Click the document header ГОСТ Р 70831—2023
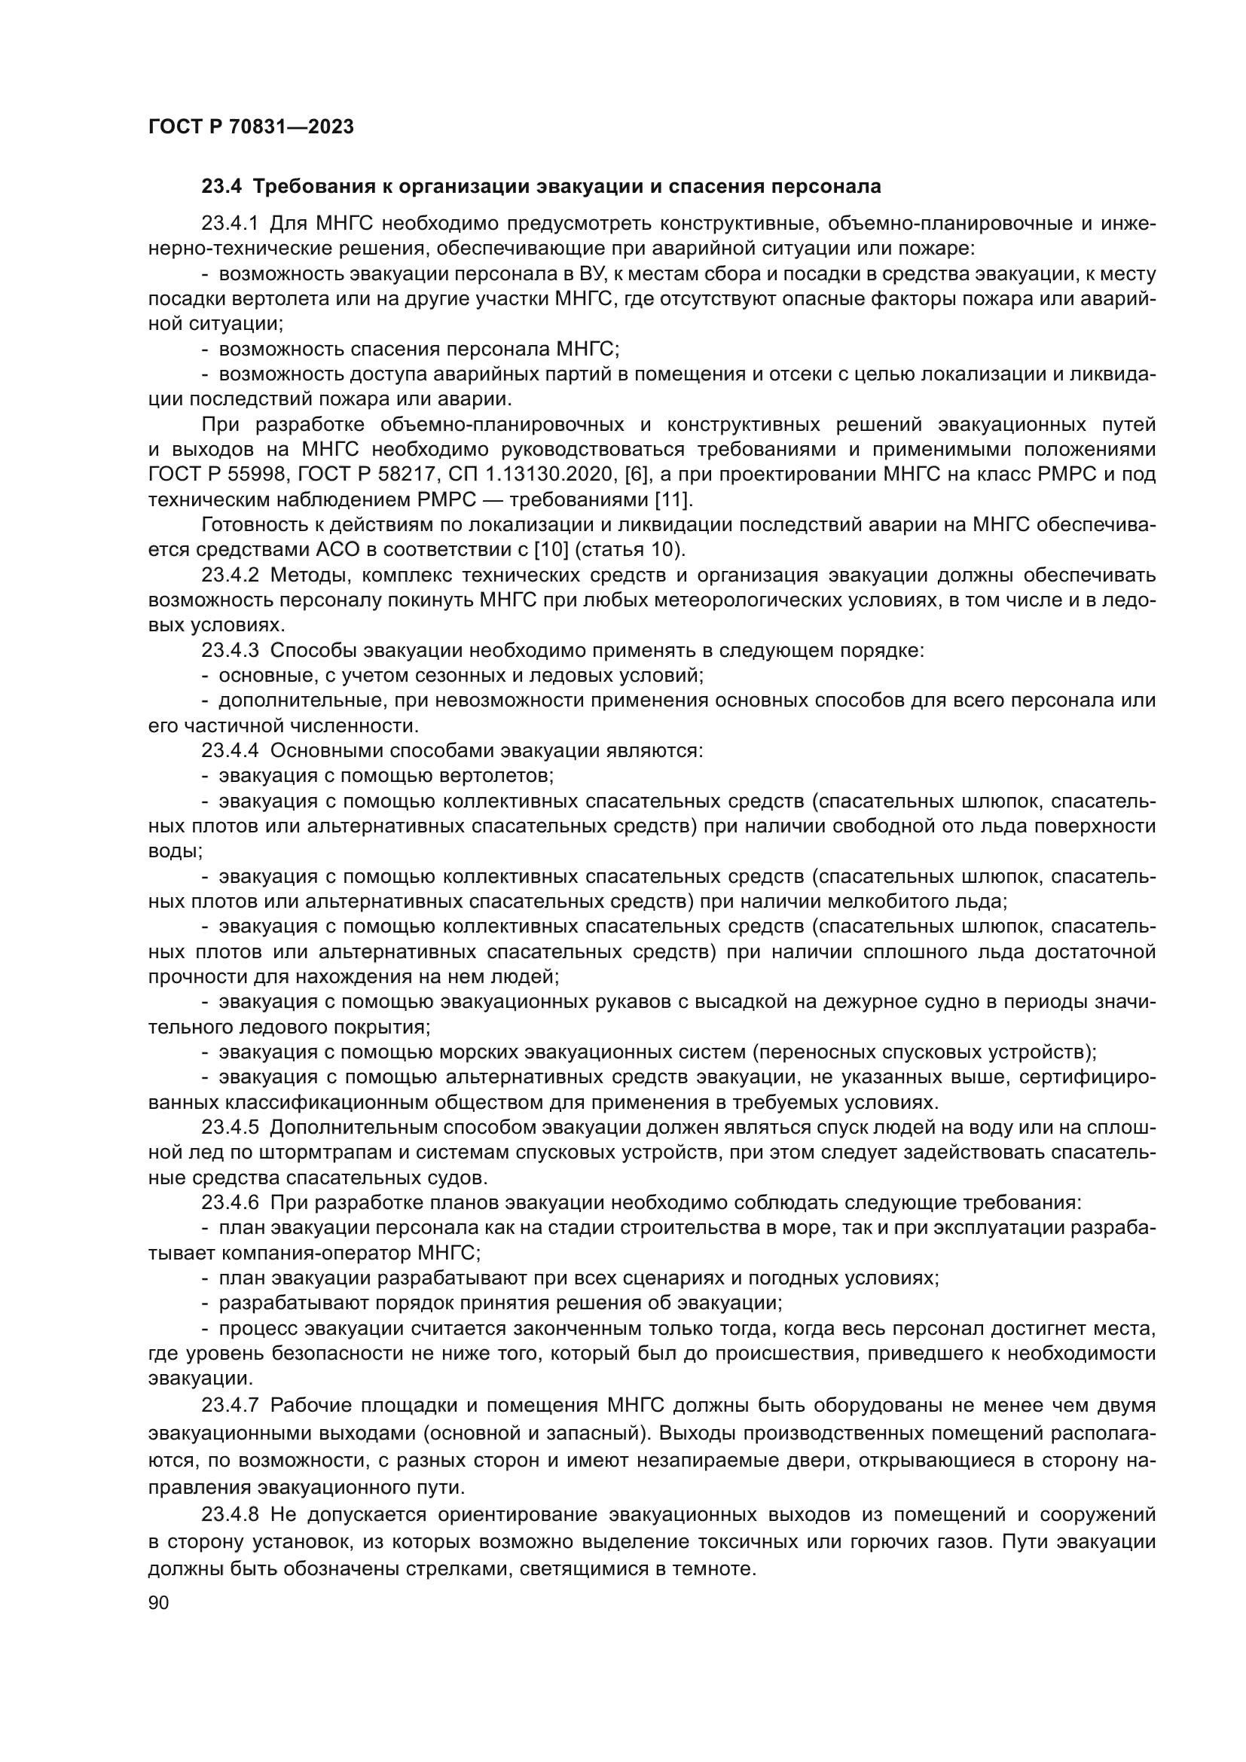(x=251, y=127)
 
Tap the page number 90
(x=158, y=1602)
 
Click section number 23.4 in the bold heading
(x=221, y=187)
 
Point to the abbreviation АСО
(x=307, y=549)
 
